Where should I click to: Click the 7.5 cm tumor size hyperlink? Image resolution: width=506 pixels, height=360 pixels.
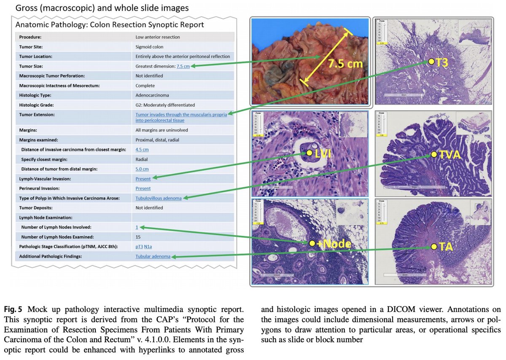(183, 66)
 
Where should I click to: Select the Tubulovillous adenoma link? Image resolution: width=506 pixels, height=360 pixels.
(159, 198)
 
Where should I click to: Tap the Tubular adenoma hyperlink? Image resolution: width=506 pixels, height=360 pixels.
(153, 256)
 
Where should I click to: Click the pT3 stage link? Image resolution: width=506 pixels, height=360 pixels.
(139, 247)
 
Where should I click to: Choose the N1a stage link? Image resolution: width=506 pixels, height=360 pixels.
(148, 247)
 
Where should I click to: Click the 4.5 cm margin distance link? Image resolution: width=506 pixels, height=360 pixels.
(142, 150)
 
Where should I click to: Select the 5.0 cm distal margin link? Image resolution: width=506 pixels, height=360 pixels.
(142, 169)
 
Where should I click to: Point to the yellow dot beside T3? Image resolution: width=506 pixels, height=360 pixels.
(431, 62)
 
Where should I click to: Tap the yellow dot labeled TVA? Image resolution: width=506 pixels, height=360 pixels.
(434, 155)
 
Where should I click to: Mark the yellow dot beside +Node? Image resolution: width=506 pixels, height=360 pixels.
(312, 243)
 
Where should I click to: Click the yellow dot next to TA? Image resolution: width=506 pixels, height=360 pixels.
(434, 246)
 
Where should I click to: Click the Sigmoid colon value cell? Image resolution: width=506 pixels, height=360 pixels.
(149, 47)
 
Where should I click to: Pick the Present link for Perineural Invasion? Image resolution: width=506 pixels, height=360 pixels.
(143, 188)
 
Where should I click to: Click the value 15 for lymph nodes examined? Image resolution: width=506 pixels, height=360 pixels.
(138, 237)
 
